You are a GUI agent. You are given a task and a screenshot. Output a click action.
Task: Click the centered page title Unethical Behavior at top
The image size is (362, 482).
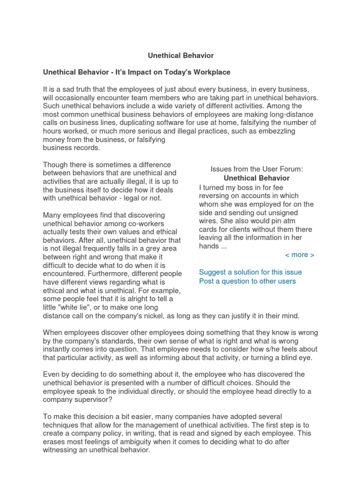point(181,56)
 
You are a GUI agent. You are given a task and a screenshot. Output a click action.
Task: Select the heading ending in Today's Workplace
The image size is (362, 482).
point(136,72)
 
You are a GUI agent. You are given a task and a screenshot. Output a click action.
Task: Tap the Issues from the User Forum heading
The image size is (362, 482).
point(256,169)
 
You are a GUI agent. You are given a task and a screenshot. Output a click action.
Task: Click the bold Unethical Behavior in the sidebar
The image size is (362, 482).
point(256,178)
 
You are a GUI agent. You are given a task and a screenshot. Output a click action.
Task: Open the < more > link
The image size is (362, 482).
point(299,255)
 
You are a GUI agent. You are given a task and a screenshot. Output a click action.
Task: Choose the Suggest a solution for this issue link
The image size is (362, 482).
point(250,272)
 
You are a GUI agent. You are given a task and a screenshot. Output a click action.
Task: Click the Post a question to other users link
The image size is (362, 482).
point(247,281)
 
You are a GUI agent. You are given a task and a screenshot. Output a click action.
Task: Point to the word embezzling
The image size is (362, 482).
point(275,132)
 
